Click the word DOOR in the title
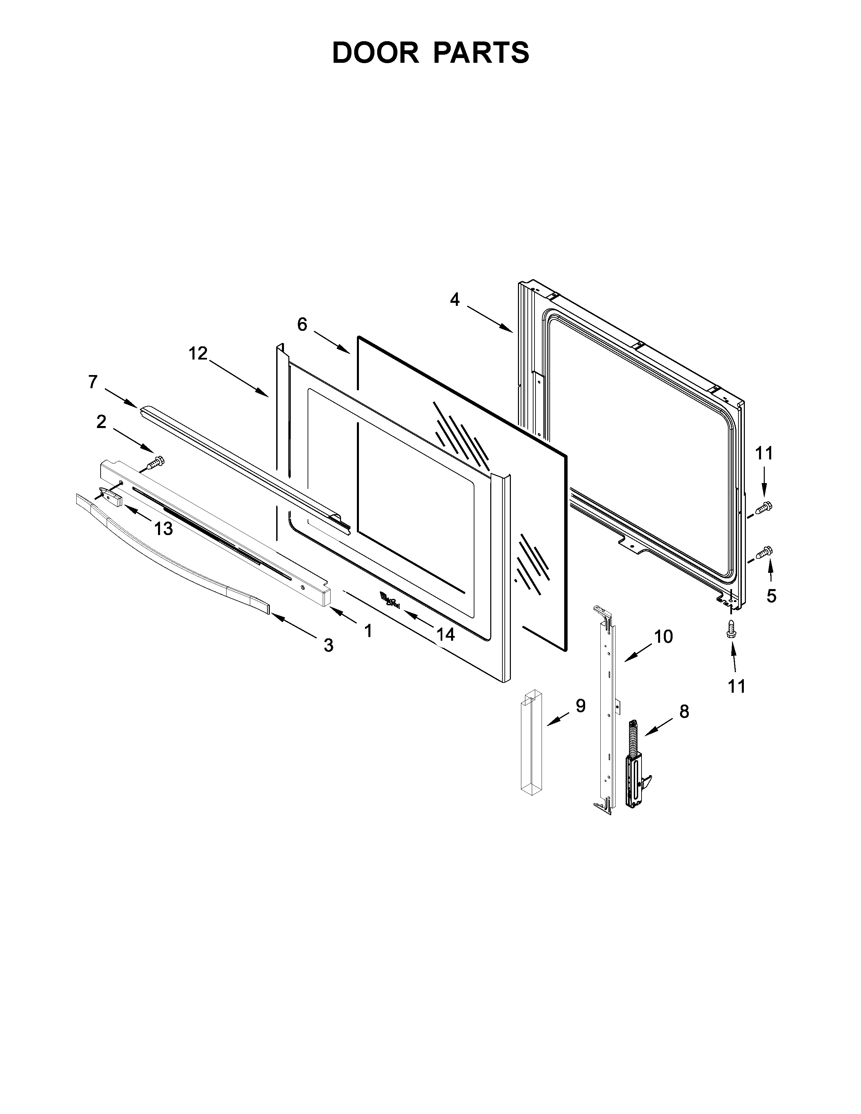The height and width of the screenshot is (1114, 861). pyautogui.click(x=375, y=53)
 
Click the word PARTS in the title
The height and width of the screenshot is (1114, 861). pyautogui.click(x=481, y=53)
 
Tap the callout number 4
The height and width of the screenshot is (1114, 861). pyautogui.click(x=454, y=300)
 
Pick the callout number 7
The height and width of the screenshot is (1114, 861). pyautogui.click(x=93, y=381)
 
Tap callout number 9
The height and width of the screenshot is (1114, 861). pyautogui.click(x=580, y=706)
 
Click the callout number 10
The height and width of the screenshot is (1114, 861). pyautogui.click(x=663, y=637)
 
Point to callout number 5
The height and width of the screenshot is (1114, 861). pyautogui.click(x=771, y=596)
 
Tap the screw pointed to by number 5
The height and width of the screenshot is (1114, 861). pyautogui.click(x=764, y=551)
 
